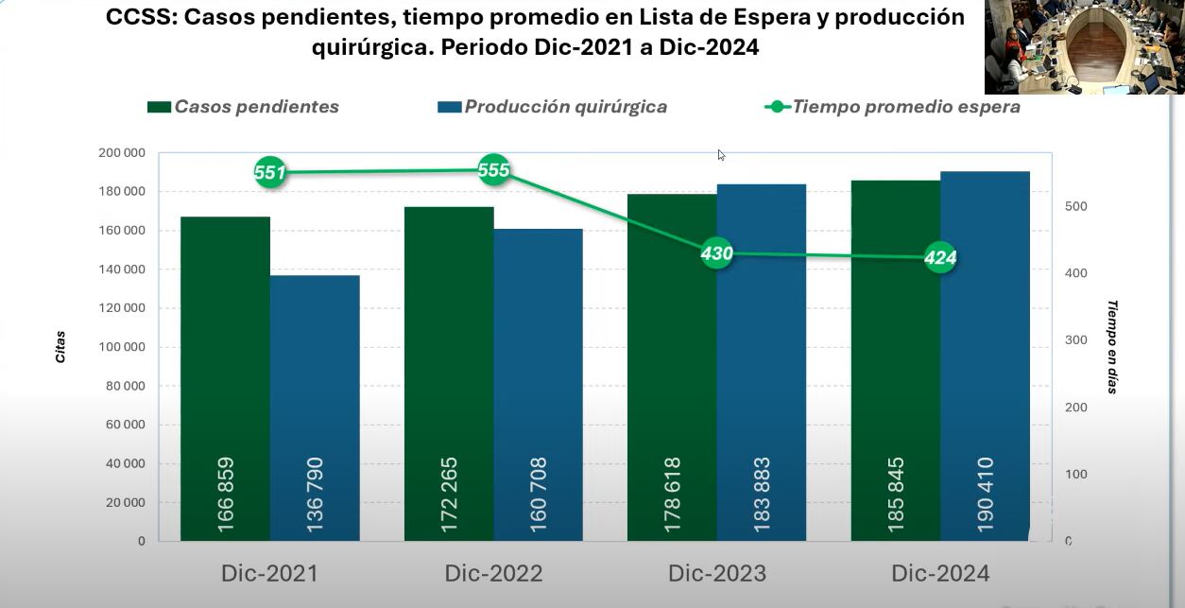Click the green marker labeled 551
tap(270, 172)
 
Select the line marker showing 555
tap(493, 170)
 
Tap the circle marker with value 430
tap(716, 253)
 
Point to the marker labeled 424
tap(940, 257)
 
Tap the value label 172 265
tap(450, 495)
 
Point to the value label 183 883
tap(762, 495)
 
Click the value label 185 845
tap(896, 495)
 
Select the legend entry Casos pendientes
tap(243, 107)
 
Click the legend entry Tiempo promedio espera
tap(892, 107)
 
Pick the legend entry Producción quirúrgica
tap(553, 107)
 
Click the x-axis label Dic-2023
tap(716, 574)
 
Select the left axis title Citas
tap(60, 347)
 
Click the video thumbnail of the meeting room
tap(1084, 46)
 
